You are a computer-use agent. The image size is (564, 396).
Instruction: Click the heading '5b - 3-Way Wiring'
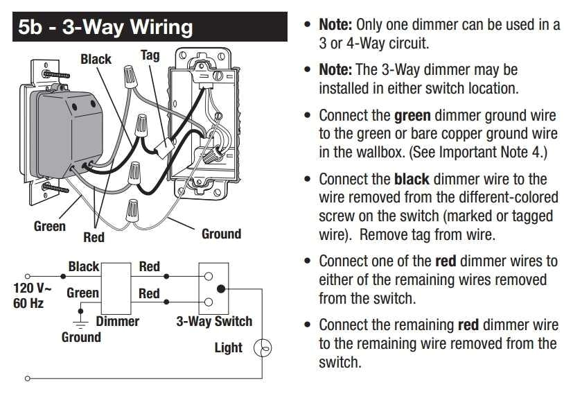coord(106,27)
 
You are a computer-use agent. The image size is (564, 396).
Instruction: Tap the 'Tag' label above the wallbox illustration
coord(150,55)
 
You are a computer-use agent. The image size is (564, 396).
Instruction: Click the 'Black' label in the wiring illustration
coord(96,59)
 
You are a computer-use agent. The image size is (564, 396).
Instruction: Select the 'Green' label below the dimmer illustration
coord(50,226)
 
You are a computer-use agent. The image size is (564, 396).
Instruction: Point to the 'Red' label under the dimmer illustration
coord(94,237)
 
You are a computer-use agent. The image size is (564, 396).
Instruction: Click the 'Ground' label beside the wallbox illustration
coord(221,234)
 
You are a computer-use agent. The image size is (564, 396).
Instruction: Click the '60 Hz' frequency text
coord(29,303)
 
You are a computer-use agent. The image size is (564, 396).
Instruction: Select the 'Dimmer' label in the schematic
coord(117,321)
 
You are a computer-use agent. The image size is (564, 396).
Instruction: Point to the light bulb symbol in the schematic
coord(263,349)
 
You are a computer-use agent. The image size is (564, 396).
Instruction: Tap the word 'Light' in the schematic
coord(228,347)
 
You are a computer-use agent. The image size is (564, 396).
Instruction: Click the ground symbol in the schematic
coord(80,323)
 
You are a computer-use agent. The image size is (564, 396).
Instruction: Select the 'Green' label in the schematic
coord(82,293)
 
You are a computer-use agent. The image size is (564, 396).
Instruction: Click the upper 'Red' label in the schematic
coord(149,266)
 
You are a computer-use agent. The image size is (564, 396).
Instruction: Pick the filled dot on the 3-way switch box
coord(220,289)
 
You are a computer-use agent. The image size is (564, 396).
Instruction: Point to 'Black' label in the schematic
coord(83,266)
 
